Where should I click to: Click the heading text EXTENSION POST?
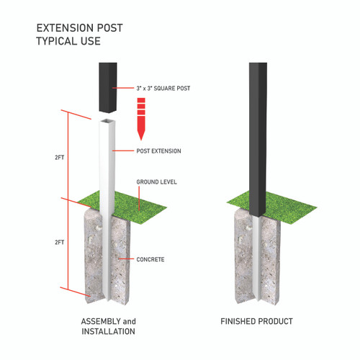[x=79, y=28]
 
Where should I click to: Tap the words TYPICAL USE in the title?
[x=68, y=41]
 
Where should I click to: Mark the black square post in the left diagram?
[x=108, y=86]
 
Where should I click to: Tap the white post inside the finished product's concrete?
[x=258, y=259]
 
